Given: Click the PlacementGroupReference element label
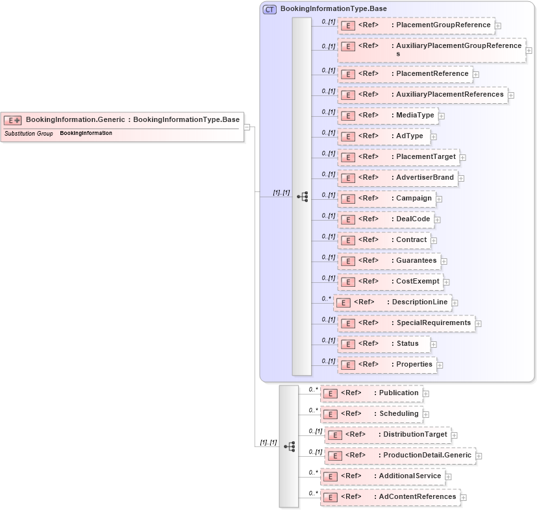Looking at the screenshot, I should [443, 25].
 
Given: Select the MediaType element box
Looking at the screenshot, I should [388, 115].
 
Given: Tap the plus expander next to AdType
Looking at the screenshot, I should [434, 137].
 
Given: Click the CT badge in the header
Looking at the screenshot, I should [269, 9].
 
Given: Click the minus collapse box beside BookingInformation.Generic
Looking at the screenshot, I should [247, 127].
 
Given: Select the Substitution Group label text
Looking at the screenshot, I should [29, 134].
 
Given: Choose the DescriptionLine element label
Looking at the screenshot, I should [419, 302].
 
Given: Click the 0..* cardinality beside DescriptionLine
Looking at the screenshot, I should [326, 298].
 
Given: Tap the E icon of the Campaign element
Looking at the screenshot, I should [348, 199].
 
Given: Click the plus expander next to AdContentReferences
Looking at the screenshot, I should [464, 498].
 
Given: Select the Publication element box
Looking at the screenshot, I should [371, 393].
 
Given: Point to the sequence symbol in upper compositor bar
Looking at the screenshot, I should [302, 197].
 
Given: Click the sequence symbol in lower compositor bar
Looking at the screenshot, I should [289, 446].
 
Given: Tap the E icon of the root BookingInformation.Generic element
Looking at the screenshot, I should [13, 120].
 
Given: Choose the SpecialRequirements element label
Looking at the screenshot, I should [433, 323].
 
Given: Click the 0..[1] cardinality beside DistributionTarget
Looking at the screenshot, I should [316, 431].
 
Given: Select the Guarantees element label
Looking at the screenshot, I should [416, 261].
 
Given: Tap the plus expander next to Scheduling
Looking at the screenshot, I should [426, 415].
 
